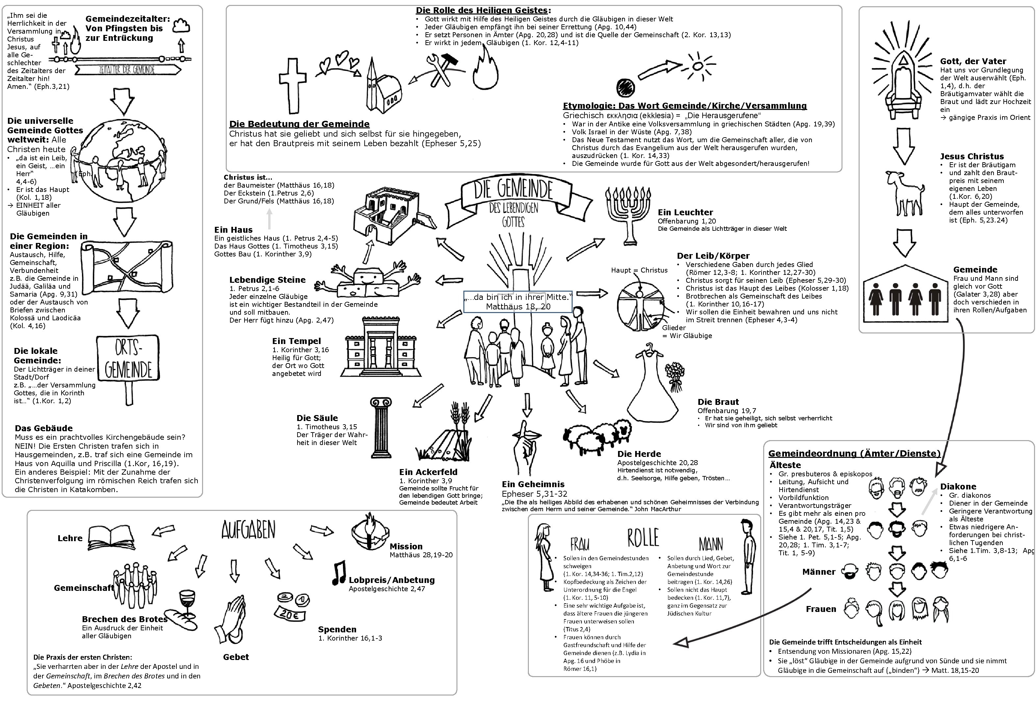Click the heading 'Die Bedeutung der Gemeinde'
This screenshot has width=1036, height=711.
tap(299, 124)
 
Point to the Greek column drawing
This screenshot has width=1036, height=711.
tap(381, 428)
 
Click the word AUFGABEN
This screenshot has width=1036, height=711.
tap(248, 530)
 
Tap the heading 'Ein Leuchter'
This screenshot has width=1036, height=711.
tap(685, 213)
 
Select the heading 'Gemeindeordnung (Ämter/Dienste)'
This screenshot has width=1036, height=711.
tap(854, 453)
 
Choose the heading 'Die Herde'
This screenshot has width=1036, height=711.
tap(639, 454)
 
